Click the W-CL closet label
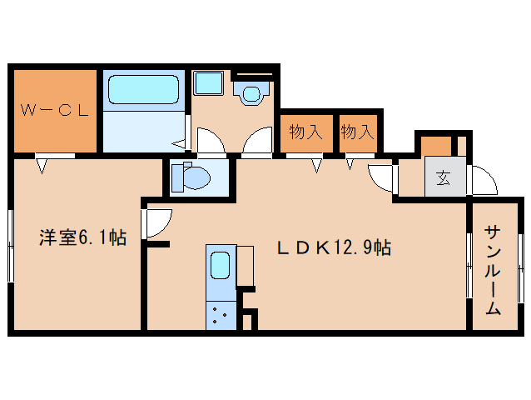(x=55, y=109)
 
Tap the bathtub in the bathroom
(x=143, y=89)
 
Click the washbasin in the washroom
(x=251, y=93)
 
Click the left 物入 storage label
(x=305, y=132)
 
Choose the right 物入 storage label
(x=357, y=132)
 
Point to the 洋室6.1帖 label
(x=82, y=238)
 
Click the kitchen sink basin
(x=221, y=266)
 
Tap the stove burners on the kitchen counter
(x=221, y=315)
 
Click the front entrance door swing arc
(x=484, y=180)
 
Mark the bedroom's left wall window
(x=11, y=242)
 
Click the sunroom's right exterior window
(x=521, y=268)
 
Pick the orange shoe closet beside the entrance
(x=435, y=145)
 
